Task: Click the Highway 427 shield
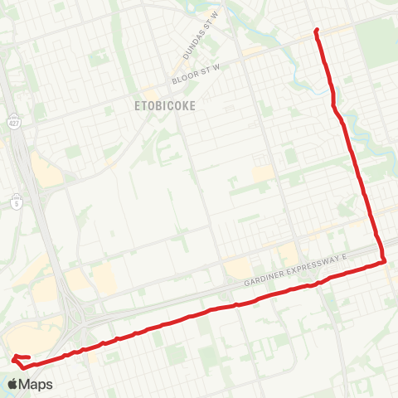pos(12,121)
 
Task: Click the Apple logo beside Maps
pos(12,384)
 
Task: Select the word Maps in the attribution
pos(36,384)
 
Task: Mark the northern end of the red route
pos(316,31)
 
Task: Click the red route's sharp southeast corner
pos(386,262)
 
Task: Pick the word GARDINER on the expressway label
pos(264,282)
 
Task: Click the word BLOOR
pos(183,79)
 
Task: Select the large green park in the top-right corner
pos(377,37)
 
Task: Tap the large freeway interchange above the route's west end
pos(83,315)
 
